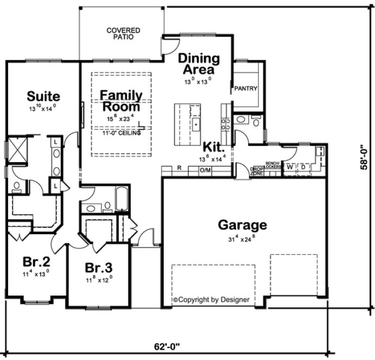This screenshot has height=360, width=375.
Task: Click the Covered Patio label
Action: point(123,34)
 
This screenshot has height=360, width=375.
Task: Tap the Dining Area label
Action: point(199,63)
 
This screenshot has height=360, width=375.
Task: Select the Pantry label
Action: point(245,88)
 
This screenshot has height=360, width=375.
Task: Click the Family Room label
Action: point(121,101)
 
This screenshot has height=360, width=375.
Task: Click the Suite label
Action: point(43,97)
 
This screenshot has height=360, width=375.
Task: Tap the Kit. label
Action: point(213,146)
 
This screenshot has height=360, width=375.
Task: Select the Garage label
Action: point(242,224)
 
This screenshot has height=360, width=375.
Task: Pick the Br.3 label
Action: point(99,268)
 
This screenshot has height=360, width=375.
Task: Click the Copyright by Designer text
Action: point(211,299)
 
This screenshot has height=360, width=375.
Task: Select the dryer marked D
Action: point(303,166)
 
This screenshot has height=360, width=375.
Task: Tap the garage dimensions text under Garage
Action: point(242,238)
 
